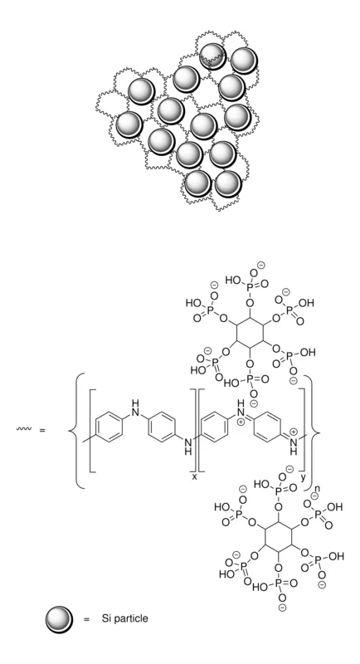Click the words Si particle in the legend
point(124,618)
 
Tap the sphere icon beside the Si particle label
point(59,619)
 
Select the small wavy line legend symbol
point(24,429)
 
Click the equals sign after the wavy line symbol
point(42,430)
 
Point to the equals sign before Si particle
point(87,619)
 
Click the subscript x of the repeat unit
point(194,476)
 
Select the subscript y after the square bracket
point(303,478)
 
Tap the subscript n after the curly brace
point(317,488)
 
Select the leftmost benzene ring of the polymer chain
point(109,430)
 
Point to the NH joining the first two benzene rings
point(135,406)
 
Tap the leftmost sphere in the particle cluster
point(129,124)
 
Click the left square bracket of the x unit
point(90,430)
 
